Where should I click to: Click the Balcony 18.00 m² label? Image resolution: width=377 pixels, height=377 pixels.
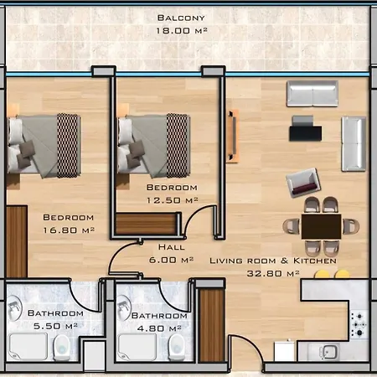tap(182, 24)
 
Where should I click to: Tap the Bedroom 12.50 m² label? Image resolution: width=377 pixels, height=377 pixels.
tap(172, 194)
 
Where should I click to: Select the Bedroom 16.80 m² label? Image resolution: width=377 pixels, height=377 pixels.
tap(69, 224)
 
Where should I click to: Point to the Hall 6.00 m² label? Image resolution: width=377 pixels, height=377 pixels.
tap(171, 253)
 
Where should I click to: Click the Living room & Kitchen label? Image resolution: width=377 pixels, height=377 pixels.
tap(273, 261)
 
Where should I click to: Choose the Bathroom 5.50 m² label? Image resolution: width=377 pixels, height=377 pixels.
tap(55, 319)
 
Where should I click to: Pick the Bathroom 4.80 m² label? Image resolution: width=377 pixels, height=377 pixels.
tap(159, 322)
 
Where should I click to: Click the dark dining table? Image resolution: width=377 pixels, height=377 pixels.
tap(321, 226)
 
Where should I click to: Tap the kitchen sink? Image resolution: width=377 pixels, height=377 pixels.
tap(329, 351)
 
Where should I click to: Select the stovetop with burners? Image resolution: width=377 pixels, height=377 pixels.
tap(359, 324)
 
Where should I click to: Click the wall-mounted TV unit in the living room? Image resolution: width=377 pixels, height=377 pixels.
tap(233, 136)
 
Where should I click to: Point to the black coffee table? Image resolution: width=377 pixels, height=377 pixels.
tap(305, 133)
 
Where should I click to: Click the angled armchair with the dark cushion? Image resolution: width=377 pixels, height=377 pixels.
tap(303, 183)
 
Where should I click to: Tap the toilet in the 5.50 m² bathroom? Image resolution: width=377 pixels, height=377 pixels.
tap(62, 347)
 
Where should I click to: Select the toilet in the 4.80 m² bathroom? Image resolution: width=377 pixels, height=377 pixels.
tap(177, 347)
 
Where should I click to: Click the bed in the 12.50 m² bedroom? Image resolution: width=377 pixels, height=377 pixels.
tap(153, 146)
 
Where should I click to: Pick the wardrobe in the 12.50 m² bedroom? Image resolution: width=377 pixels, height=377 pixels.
tap(147, 224)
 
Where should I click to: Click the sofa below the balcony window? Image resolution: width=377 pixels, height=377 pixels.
tap(312, 94)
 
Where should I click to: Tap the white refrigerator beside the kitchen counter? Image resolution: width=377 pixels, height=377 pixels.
tap(284, 351)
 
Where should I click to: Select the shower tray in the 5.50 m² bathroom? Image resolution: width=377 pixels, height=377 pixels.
tap(28, 346)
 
